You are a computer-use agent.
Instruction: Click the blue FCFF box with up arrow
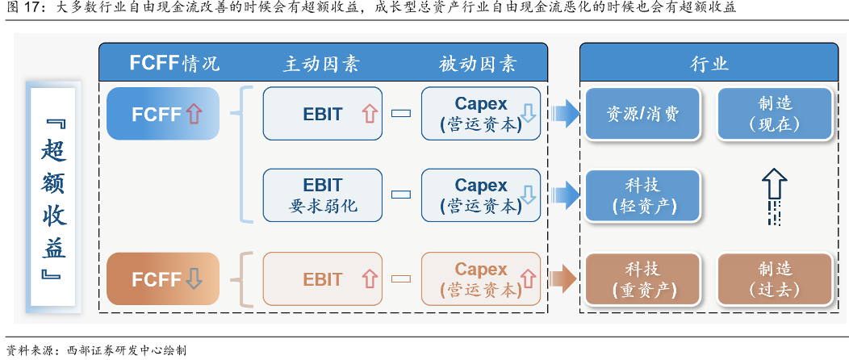click(x=163, y=114)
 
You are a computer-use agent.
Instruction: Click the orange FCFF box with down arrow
click(x=163, y=278)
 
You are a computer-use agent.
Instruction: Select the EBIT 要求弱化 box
click(x=322, y=195)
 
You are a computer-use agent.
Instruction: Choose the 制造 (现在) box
click(x=774, y=114)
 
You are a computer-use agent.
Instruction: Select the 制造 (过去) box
click(x=774, y=279)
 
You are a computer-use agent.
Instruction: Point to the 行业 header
click(x=709, y=63)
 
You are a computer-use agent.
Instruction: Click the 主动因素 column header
click(x=322, y=64)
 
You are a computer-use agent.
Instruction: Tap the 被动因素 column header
click(x=478, y=64)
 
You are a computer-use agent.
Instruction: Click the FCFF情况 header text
click(x=174, y=63)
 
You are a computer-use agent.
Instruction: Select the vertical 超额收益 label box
click(x=53, y=198)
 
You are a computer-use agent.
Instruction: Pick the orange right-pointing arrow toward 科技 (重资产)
click(x=563, y=279)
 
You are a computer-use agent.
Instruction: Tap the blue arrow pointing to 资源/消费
click(x=566, y=114)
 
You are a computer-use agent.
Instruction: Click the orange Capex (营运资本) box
click(x=481, y=278)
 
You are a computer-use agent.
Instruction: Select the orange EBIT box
click(x=322, y=278)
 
